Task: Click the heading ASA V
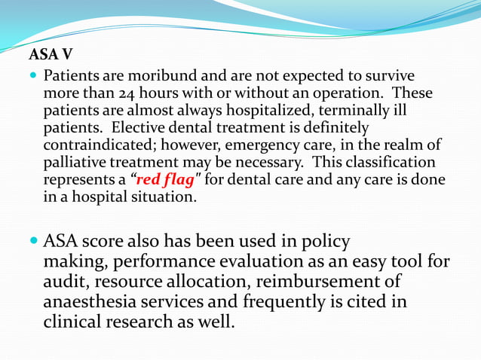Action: [51, 55]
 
